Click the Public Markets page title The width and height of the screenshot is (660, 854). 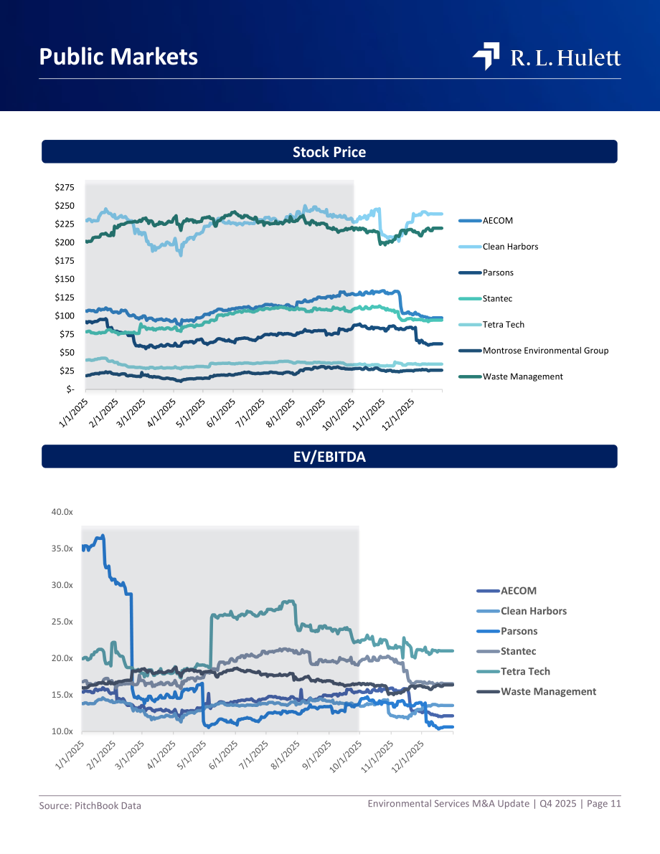pos(118,57)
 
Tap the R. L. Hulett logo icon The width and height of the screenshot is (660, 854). pos(486,56)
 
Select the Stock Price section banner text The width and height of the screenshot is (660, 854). pos(329,152)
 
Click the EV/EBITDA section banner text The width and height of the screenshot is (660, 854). pos(329,457)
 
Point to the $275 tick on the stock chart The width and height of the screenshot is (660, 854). pos(65,187)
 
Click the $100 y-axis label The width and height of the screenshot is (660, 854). pos(65,315)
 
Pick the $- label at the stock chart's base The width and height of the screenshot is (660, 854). pos(70,389)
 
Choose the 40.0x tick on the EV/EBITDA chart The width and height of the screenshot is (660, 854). pos(62,512)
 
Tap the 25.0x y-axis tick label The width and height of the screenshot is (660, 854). pos(62,622)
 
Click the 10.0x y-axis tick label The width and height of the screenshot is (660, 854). pos(62,731)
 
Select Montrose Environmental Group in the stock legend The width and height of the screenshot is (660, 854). pos(545,350)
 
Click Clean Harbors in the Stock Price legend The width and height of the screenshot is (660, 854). pos(510,246)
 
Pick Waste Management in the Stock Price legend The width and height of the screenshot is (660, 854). pos(523,376)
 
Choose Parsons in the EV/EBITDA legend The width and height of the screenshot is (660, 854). pos(519,631)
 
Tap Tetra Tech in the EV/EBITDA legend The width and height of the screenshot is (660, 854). pos(525,672)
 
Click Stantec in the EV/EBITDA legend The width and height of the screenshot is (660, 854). pos(518,651)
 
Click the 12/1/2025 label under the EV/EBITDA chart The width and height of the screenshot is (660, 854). pos(407,756)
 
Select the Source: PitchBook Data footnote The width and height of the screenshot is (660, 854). pos(90,805)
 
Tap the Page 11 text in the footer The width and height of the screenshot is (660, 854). pos(604,803)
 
